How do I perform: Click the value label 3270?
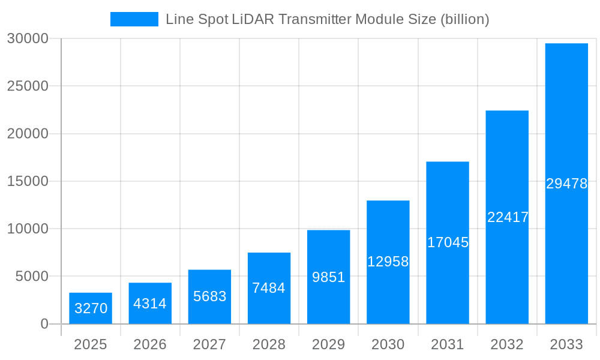[x=91, y=309]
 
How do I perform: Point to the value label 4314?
[x=150, y=304]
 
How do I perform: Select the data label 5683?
[x=209, y=296]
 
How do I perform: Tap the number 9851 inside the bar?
[x=328, y=277]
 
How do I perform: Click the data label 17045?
[x=448, y=242]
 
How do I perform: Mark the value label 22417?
[x=508, y=217]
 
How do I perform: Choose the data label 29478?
[x=566, y=184]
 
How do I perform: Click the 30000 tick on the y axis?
[x=27, y=39]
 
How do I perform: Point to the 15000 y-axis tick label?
[x=27, y=181]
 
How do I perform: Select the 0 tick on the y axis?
[x=44, y=324]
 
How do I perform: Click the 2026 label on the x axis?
[x=150, y=344]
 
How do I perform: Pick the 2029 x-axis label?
[x=328, y=344]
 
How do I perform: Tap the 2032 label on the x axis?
[x=507, y=344]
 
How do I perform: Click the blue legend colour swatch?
[x=134, y=19]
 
